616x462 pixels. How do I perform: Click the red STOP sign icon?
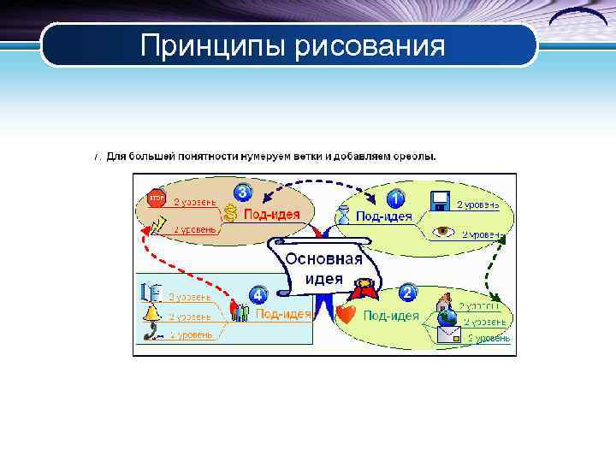(156, 198)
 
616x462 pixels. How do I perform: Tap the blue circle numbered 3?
(243, 192)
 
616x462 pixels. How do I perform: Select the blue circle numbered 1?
(395, 198)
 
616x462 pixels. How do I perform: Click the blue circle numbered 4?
(258, 295)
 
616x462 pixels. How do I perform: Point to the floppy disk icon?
(440, 202)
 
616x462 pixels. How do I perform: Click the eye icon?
(443, 231)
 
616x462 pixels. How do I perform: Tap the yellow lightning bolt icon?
(157, 224)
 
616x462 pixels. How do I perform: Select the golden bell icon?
(152, 313)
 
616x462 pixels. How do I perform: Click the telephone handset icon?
(154, 334)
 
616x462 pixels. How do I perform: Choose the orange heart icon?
(346, 314)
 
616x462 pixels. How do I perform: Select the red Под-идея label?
(271, 214)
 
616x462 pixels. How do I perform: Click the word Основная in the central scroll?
(323, 258)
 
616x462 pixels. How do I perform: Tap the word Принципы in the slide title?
(214, 45)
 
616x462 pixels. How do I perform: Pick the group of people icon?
(240, 312)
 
